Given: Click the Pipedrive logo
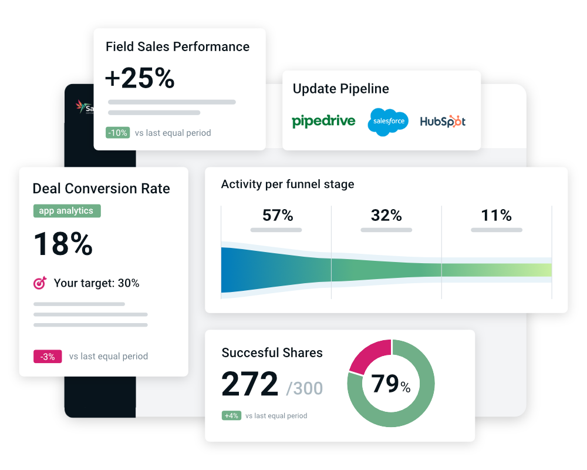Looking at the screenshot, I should point(323,121).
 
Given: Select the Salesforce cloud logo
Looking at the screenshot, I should point(388,122).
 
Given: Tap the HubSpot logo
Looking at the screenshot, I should point(443,122).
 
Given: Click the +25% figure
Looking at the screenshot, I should point(140,78).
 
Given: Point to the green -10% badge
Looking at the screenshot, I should point(117,133).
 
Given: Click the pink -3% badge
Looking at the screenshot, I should point(48,356).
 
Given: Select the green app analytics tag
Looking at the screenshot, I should point(66,211).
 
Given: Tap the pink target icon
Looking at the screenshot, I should point(40,283).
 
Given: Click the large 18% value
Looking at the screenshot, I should point(63,244).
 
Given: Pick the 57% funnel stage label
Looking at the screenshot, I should point(278,216).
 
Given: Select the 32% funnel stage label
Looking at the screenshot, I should point(386,216).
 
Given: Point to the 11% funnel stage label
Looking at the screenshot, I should point(496,216).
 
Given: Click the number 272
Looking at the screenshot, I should point(249,385).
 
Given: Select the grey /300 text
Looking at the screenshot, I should point(304,388).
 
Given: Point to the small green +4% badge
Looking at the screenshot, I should point(231,415).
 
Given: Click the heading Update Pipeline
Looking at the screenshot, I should point(340,89).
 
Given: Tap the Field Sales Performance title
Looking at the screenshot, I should point(177,47).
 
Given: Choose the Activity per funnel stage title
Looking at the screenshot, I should point(288,184).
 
